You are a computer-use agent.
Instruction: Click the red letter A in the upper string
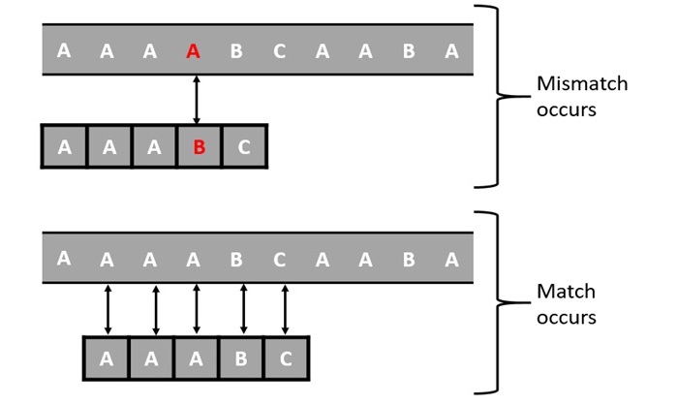193,52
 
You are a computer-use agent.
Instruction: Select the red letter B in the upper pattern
199,147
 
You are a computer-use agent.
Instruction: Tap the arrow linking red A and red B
197,100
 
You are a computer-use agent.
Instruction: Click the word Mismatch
581,84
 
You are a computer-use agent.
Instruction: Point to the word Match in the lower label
566,292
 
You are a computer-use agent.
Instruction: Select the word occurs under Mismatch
566,109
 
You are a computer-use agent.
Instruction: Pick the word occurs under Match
566,317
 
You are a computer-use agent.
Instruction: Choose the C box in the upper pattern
243,147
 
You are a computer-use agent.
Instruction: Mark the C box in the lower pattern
286,358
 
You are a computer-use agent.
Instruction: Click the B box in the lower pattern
241,358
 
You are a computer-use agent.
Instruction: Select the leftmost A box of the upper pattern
64,147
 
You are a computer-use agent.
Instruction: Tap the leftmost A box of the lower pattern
107,358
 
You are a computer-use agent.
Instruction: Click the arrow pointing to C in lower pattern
284,308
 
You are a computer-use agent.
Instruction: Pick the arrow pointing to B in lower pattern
242,308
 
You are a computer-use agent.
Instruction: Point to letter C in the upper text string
279,52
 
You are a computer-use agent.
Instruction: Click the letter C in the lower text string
279,261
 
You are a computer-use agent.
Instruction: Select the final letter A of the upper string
451,52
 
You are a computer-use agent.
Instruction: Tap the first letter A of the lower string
64,259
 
